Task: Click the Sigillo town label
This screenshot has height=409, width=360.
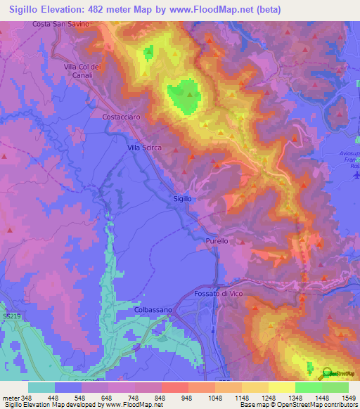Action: pyautogui.click(x=182, y=199)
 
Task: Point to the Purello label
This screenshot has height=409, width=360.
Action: pyautogui.click(x=217, y=241)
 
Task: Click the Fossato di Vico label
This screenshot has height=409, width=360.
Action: pyautogui.click(x=217, y=294)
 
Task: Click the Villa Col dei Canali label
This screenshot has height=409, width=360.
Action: pyautogui.click(x=84, y=71)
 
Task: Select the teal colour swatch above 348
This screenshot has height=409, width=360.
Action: pyautogui.click(x=41, y=387)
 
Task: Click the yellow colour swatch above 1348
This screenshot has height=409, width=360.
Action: pyautogui.click(x=282, y=387)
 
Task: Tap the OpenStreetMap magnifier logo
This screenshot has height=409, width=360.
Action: pyautogui.click(x=328, y=374)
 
